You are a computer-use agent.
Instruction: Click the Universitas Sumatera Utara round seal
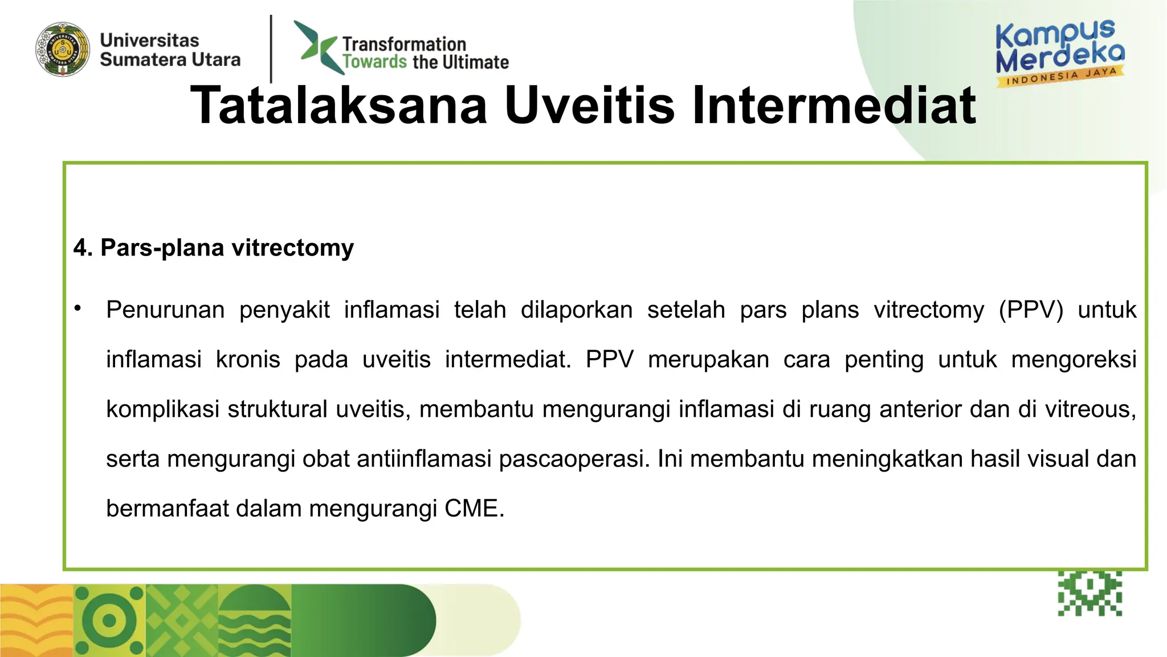tap(63, 50)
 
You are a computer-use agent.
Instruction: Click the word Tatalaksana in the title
tap(339, 106)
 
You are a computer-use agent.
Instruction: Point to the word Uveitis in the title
tap(589, 106)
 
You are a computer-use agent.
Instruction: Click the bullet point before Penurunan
tap(78, 309)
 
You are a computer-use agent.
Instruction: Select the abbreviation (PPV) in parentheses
tap(1031, 310)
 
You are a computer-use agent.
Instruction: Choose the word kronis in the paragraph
tap(248, 359)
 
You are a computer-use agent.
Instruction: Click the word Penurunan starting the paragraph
tap(165, 310)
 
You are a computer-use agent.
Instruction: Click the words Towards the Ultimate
tap(425, 62)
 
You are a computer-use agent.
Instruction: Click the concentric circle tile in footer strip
tap(109, 620)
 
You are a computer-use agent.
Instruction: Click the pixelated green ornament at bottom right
tap(1090, 593)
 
